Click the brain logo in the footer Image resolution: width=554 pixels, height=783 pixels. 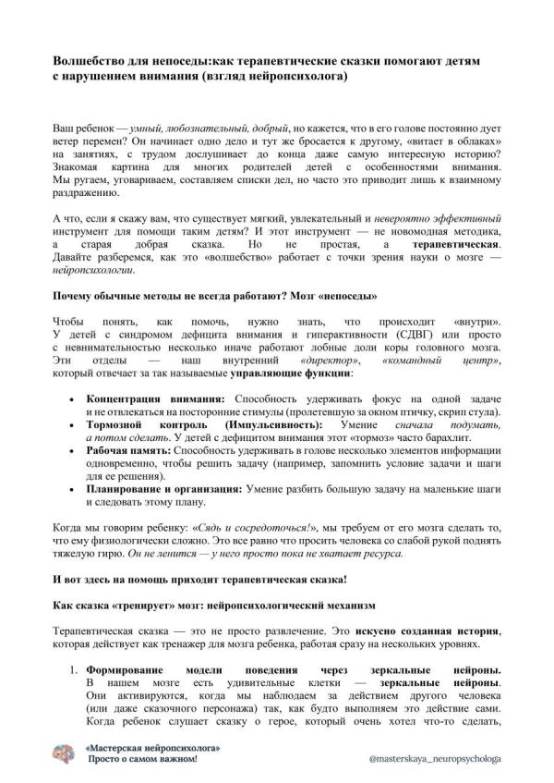tap(66, 753)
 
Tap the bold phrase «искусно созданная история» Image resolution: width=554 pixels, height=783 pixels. tap(420, 628)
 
